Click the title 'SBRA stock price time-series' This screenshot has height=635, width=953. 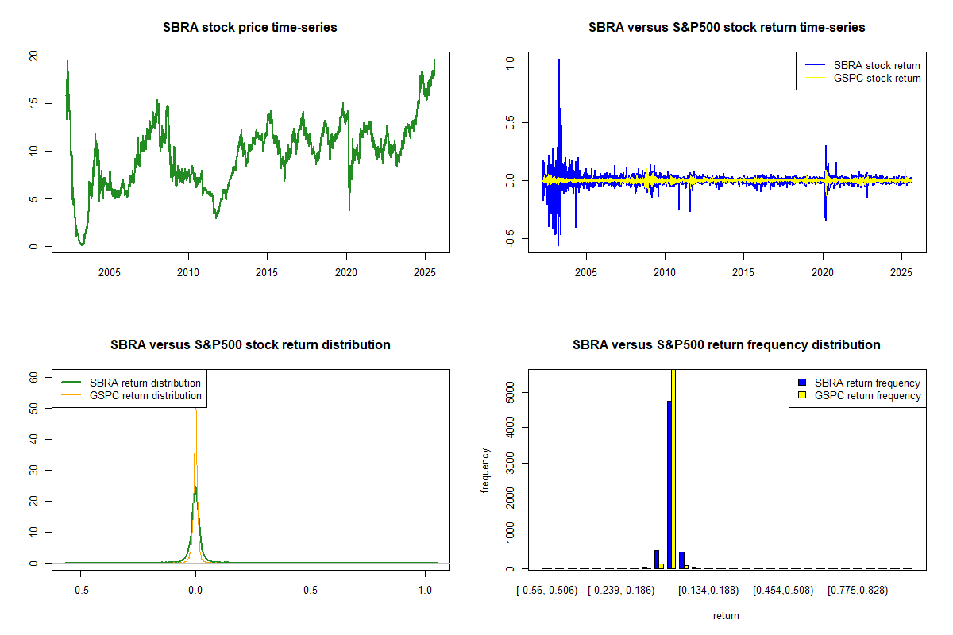click(250, 28)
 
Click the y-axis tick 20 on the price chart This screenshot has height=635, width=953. click(33, 56)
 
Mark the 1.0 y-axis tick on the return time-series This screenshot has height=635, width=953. click(509, 63)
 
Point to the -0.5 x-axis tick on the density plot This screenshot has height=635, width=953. click(80, 591)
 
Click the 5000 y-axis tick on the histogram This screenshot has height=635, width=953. click(509, 391)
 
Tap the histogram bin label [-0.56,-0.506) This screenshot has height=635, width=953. click(547, 591)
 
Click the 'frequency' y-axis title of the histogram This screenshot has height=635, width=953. click(485, 470)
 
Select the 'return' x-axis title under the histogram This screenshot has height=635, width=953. click(726, 615)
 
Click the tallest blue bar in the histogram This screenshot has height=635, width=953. click(669, 484)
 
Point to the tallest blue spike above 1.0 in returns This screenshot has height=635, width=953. click(559, 63)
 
